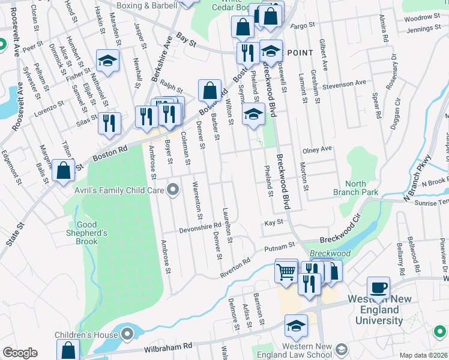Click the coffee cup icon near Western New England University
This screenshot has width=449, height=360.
pos(378,287)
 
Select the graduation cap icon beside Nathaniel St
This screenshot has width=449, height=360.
pos(108,61)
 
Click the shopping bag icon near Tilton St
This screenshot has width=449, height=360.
pos(63,170)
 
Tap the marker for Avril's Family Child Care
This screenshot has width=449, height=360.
pos(173,191)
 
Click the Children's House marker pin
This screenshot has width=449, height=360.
pos(127,334)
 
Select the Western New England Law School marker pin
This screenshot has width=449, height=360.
pos(342,349)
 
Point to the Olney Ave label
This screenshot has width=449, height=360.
pos(318,149)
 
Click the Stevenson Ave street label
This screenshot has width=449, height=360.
pos(344,83)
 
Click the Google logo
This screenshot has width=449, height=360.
pos(20,353)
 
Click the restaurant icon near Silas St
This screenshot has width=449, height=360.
pos(109,124)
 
